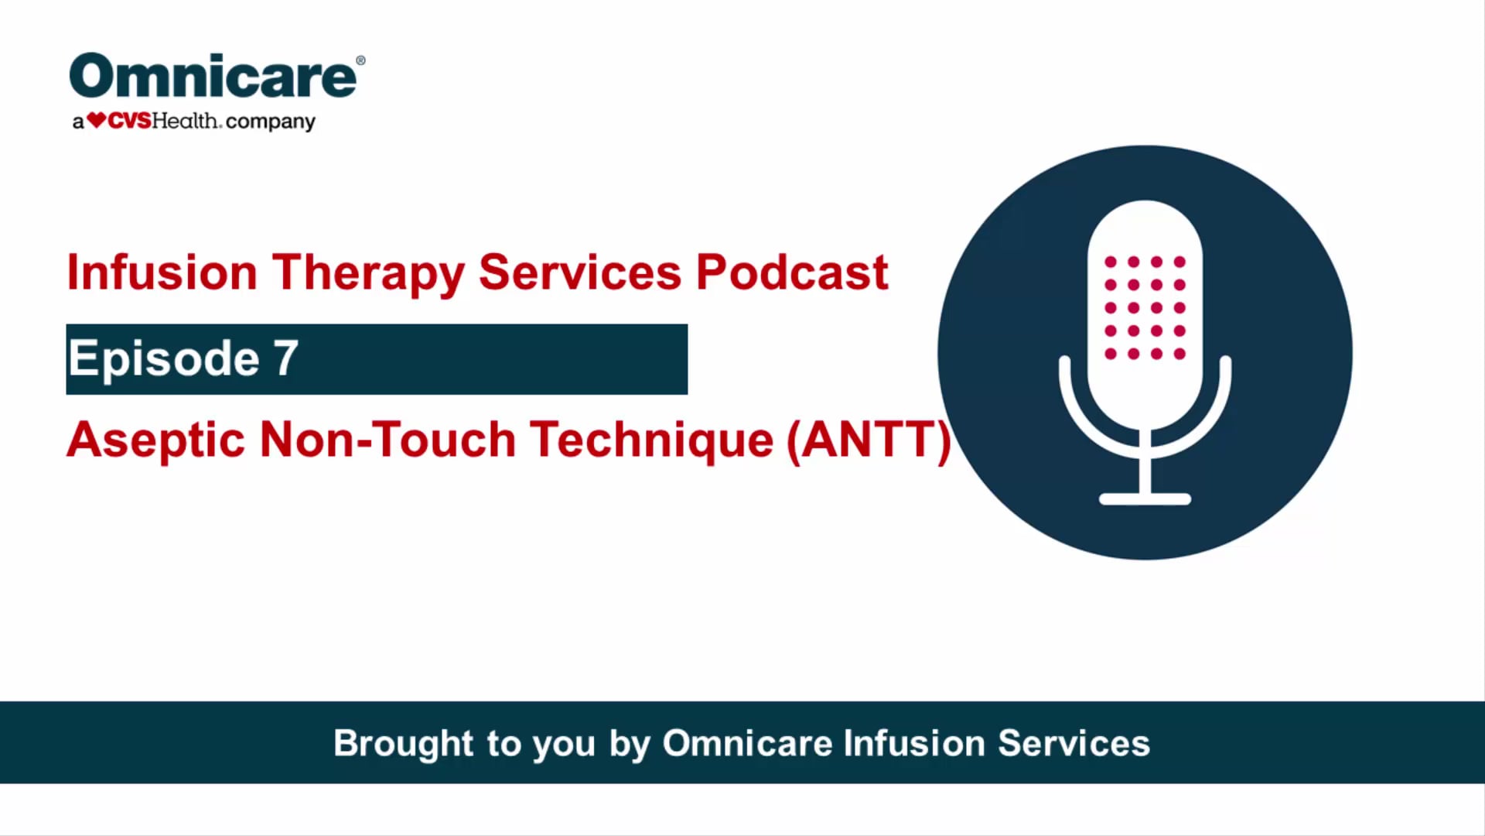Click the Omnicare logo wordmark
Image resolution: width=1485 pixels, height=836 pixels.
pyautogui.click(x=213, y=77)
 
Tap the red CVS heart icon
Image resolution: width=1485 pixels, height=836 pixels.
pyautogui.click(x=96, y=121)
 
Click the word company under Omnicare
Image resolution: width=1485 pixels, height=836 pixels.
pyautogui.click(x=270, y=122)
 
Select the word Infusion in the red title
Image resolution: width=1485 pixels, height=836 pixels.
pyautogui.click(x=162, y=272)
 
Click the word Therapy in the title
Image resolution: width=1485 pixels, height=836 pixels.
pyautogui.click(x=367, y=272)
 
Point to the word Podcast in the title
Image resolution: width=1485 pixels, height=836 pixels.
pyautogui.click(x=791, y=272)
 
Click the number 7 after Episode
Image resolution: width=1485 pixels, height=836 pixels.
pyautogui.click(x=285, y=358)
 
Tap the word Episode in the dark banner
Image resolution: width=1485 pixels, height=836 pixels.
pyautogui.click(x=164, y=358)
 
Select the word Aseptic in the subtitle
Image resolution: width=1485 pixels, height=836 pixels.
pyautogui.click(x=155, y=440)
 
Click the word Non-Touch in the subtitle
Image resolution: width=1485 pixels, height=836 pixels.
pyautogui.click(x=387, y=440)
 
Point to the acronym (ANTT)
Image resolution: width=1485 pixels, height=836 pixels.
pyautogui.click(x=869, y=440)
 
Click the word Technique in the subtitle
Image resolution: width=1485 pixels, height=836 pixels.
pyautogui.click(x=651, y=440)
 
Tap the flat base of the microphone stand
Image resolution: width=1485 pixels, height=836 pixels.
pyautogui.click(x=1145, y=499)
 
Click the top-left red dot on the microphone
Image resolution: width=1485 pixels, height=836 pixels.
pyautogui.click(x=1111, y=262)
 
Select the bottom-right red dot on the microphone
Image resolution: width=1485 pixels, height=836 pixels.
pyautogui.click(x=1179, y=354)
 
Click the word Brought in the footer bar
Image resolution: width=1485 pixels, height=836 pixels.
pyautogui.click(x=403, y=743)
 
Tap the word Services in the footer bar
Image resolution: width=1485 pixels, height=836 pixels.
pyautogui.click(x=1074, y=743)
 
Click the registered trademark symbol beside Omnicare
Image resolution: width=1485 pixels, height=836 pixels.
pyautogui.click(x=360, y=60)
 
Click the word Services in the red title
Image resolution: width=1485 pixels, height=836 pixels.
pyautogui.click(x=579, y=272)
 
